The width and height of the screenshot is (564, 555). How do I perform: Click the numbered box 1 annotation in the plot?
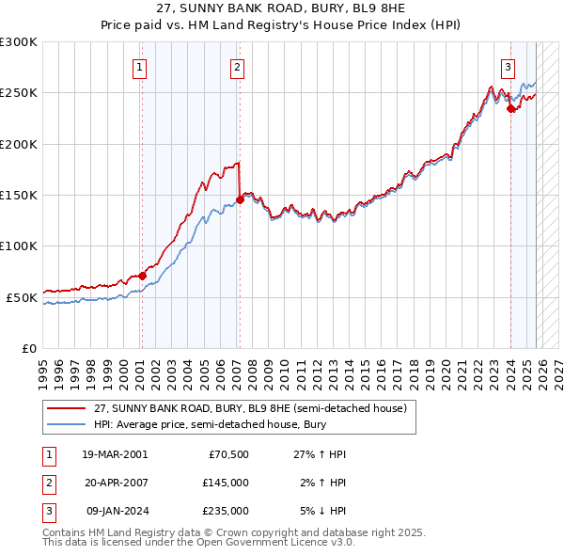139,67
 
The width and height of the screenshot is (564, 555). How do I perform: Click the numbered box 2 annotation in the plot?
237,67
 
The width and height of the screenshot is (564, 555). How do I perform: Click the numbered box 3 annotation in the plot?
508,67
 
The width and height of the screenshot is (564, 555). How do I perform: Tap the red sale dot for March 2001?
142,276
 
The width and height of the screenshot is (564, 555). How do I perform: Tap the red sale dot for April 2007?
240,199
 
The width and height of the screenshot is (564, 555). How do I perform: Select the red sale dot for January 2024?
510,108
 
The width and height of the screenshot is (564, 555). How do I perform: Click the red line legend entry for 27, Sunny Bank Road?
249,408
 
